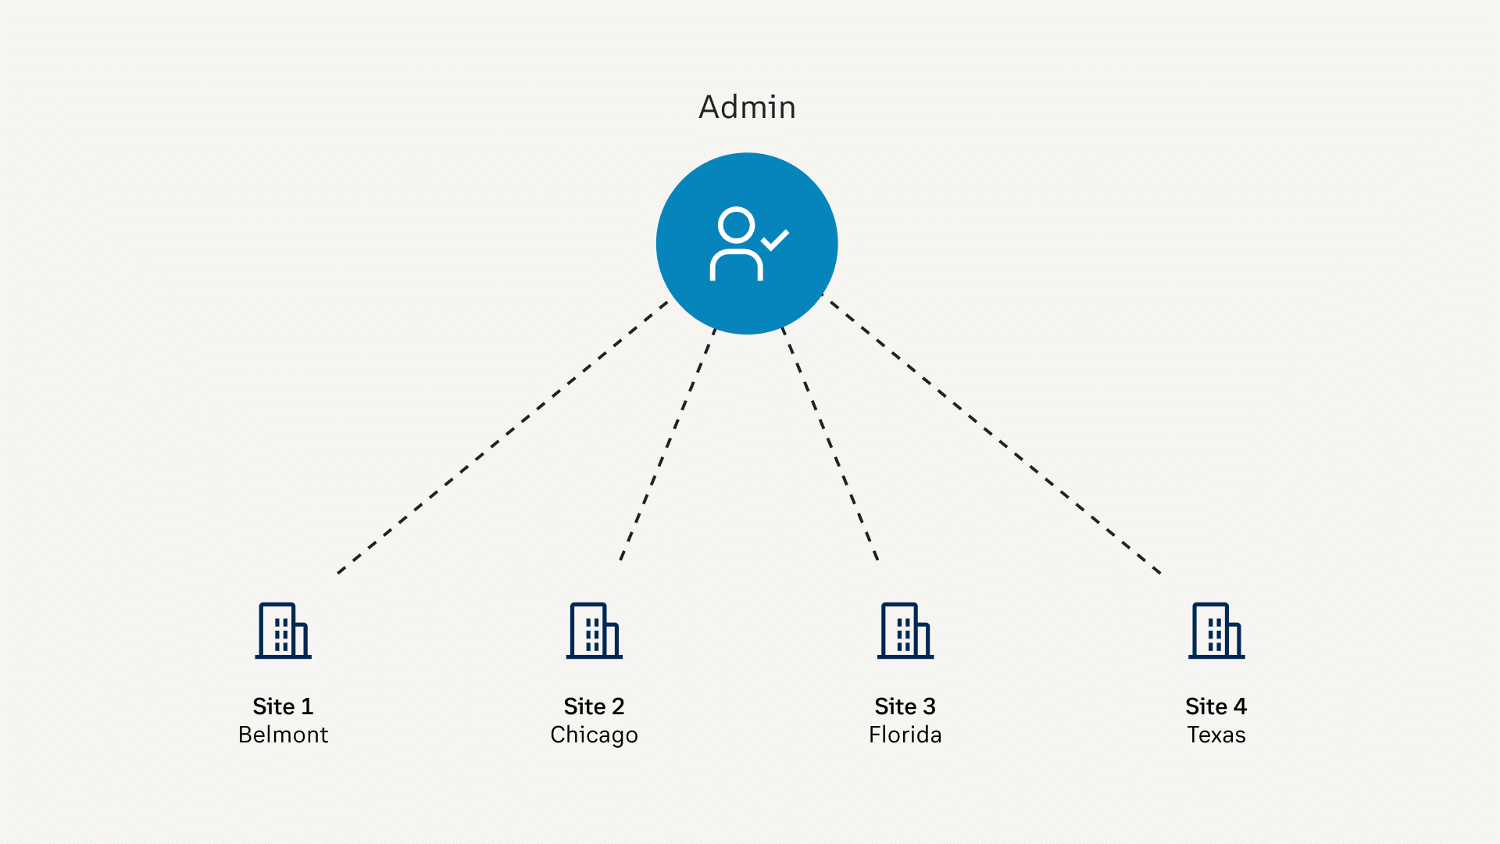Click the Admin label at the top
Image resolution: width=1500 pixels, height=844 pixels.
(747, 107)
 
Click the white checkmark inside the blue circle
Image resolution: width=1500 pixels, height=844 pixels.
(775, 240)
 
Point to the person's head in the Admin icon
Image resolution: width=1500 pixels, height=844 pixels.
(736, 225)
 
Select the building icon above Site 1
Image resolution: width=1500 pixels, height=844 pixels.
(283, 631)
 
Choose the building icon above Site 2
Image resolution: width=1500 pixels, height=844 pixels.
(594, 631)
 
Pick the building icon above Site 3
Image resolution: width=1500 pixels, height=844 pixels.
(905, 631)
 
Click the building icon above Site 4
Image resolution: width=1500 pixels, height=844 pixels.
(1216, 631)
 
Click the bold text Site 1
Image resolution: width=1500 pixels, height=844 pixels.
(283, 706)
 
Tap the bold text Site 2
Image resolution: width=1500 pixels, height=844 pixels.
(594, 706)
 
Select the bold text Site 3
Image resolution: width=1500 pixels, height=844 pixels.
(905, 706)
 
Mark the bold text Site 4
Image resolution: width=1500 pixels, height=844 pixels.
(1216, 706)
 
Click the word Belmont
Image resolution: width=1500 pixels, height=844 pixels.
(283, 735)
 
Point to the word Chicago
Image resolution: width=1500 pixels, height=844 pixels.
(594, 735)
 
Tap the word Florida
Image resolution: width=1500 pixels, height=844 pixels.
(905, 735)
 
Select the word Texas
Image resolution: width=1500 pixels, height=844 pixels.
(1216, 735)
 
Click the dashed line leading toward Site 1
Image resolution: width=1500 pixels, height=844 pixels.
(502, 438)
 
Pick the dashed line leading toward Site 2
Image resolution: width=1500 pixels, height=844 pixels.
(668, 444)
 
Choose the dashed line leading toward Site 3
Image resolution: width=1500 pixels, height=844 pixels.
(830, 444)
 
